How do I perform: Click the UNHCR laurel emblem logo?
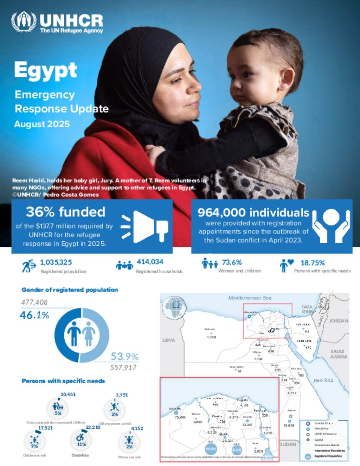pos(24,22)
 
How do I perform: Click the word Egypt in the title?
pos(46,70)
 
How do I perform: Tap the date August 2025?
pos(42,124)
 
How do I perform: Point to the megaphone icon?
pos(144,227)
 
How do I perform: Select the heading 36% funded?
pos(65,212)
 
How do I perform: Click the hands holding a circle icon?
pos(331,225)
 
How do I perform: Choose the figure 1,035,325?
pos(56,262)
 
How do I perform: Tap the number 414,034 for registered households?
pos(150,262)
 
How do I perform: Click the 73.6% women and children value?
pos(232,262)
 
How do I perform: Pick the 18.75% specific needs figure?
pos(313,263)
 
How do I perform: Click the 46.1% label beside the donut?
pos(34,315)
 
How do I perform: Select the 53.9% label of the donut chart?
pos(124,357)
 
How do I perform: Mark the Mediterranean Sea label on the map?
pos(250,298)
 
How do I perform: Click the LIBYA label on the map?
pos(168,340)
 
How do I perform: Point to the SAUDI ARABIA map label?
pos(339,354)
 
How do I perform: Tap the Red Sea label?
pos(323,381)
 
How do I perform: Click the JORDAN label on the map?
pos(339,321)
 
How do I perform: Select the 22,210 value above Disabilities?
pos(93,427)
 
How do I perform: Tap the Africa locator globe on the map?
pos(175,307)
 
